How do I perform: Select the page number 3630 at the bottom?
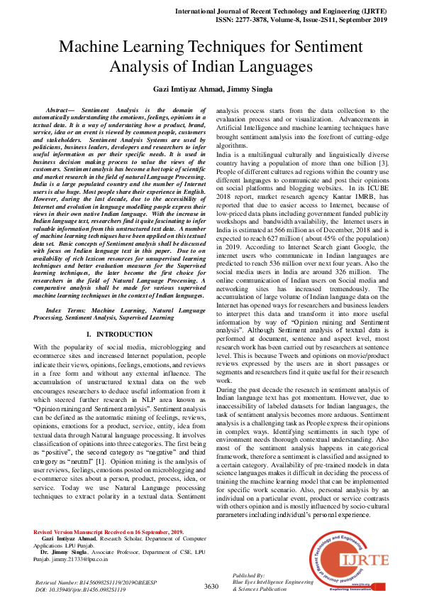pyautogui.click(x=211, y=587)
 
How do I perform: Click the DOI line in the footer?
pyautogui.click(x=80, y=589)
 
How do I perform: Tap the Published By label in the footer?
pyautogui.click(x=248, y=574)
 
